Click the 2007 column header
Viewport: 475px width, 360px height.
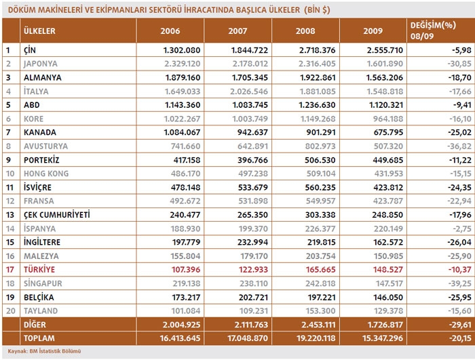click(237, 31)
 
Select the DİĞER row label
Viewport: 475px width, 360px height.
click(35, 325)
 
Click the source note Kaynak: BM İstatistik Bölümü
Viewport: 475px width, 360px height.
click(41, 351)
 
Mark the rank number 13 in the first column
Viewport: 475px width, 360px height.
click(9, 215)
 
